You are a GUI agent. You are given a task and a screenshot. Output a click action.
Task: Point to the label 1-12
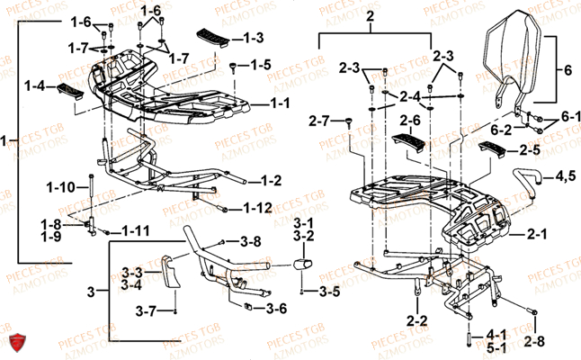tap(257, 209)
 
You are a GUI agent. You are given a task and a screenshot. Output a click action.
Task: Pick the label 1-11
tap(134, 231)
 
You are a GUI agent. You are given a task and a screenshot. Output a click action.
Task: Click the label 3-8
tap(249, 241)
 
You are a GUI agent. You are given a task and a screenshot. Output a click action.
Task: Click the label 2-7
tap(320, 120)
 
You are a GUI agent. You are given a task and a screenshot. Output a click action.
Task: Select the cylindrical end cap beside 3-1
tap(299, 266)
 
